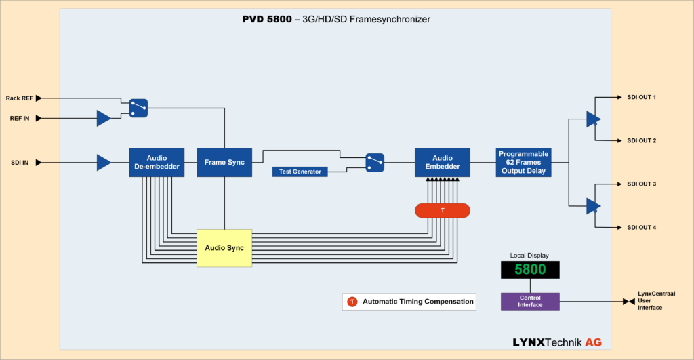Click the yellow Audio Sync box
pyautogui.click(x=224, y=248)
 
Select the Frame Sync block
pyautogui.click(x=224, y=163)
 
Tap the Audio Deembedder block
pyautogui.click(x=157, y=163)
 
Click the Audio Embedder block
pyautogui.click(x=442, y=163)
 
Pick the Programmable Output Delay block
pyautogui.click(x=523, y=163)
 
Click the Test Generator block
pyautogui.click(x=300, y=172)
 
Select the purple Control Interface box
pyautogui.click(x=529, y=302)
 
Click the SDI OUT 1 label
pyautogui.click(x=641, y=98)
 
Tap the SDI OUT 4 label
pyautogui.click(x=641, y=228)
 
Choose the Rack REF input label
pyautogui.click(x=20, y=98)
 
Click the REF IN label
pyautogui.click(x=20, y=119)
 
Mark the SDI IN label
pyautogui.click(x=20, y=163)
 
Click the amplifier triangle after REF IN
pyautogui.click(x=103, y=119)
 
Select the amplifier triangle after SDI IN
pyautogui.click(x=103, y=163)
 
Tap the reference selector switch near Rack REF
pyautogui.click(x=138, y=108)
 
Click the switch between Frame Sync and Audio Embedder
pyautogui.click(x=375, y=163)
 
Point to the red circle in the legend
pyautogui.click(x=352, y=302)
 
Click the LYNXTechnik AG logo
pyautogui.click(x=557, y=342)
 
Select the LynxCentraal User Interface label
pyautogui.click(x=656, y=301)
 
